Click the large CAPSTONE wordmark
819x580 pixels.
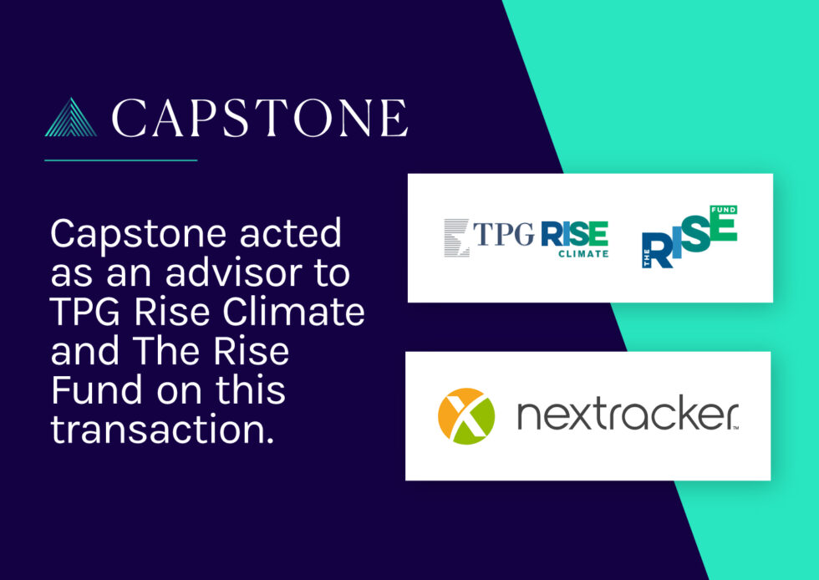coord(260,118)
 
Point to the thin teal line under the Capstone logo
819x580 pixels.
coord(120,160)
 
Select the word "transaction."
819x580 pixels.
coord(162,429)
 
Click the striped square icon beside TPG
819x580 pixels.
coord(457,236)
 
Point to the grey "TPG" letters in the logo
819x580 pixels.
coord(504,235)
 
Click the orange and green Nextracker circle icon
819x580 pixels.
coord(466,416)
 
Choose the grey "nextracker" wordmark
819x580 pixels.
coord(627,415)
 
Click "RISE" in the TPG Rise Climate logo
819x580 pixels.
coord(573,234)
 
